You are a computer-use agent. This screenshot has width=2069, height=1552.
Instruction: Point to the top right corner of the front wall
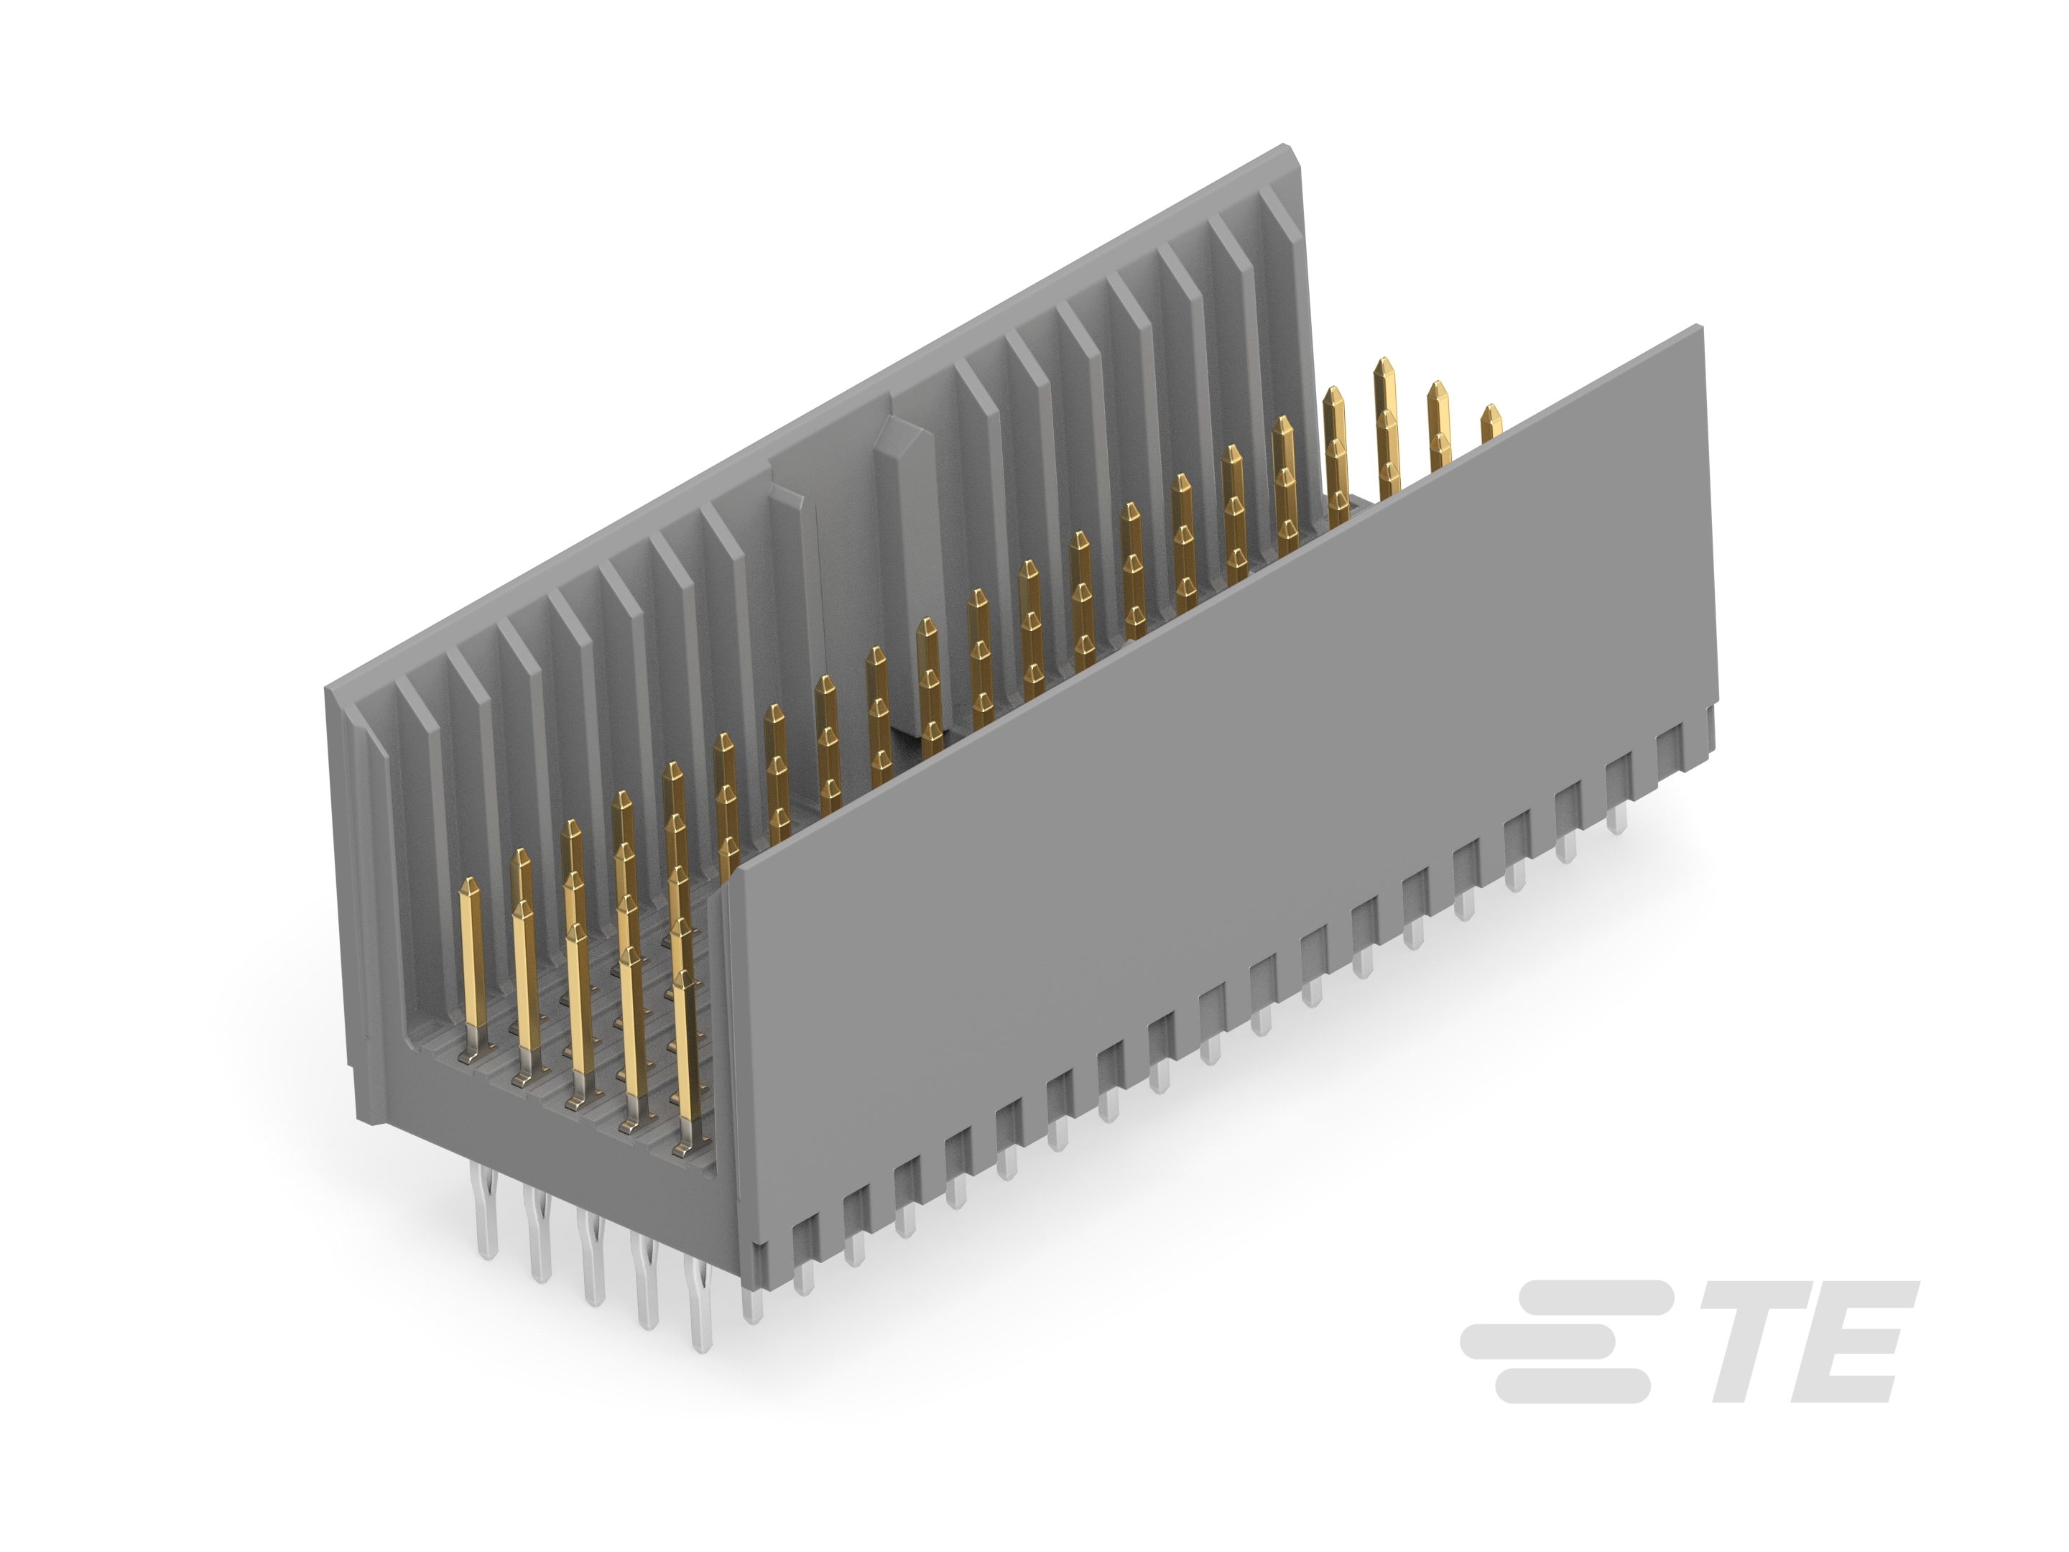pyautogui.click(x=1698, y=328)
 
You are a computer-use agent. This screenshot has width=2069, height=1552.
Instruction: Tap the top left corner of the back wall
pyautogui.click(x=328, y=690)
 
